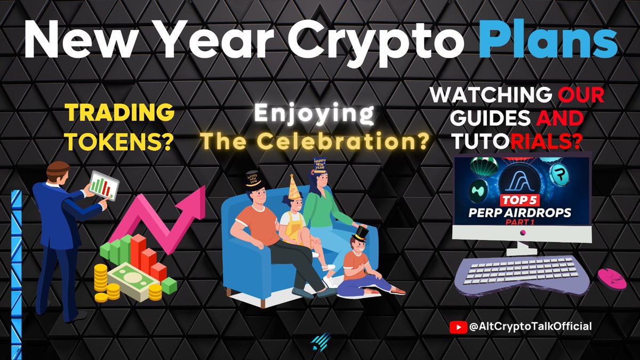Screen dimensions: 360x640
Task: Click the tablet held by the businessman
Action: click(x=103, y=185)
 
